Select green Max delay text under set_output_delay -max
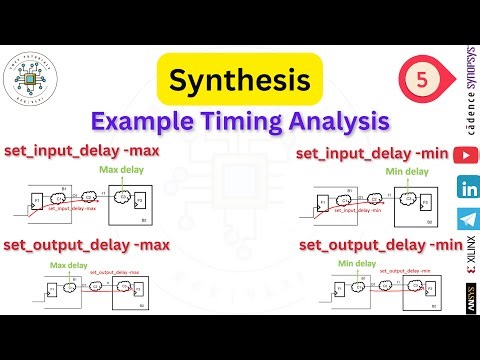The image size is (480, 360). pyautogui.click(x=70, y=265)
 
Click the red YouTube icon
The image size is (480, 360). pyautogui.click(x=466, y=155)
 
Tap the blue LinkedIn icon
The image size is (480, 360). pyautogui.click(x=466, y=187)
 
